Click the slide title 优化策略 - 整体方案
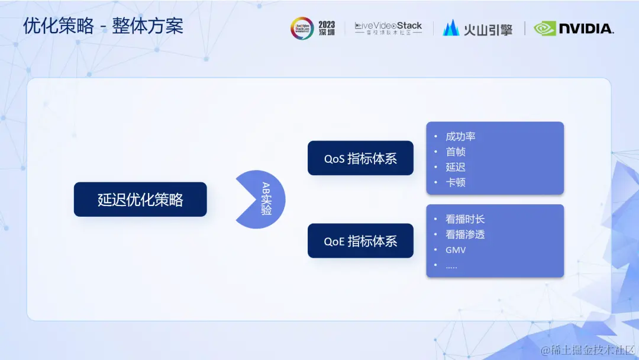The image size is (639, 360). [103, 26]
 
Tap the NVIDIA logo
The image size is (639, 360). [573, 28]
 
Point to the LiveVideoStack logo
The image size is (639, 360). [388, 28]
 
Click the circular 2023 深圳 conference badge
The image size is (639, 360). [302, 28]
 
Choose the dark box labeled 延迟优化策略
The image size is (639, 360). [140, 200]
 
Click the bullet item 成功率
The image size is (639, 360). [460, 136]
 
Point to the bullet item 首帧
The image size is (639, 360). [456, 152]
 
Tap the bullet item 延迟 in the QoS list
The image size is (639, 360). [456, 167]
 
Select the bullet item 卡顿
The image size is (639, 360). [456, 182]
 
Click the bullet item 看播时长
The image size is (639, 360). [465, 219]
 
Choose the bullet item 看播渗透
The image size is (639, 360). [465, 234]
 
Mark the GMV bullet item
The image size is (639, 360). [456, 250]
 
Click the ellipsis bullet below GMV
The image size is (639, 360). [451, 265]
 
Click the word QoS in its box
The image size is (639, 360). [334, 159]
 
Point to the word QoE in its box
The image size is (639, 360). [334, 242]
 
